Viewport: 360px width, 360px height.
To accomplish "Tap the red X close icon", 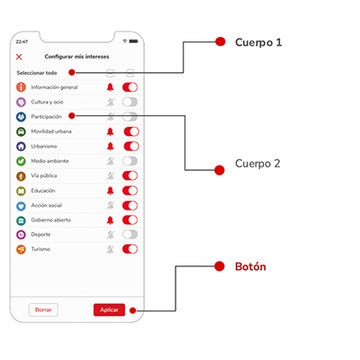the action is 19,57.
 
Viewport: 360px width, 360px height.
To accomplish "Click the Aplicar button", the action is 109,310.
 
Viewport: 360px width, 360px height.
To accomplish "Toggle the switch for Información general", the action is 130,87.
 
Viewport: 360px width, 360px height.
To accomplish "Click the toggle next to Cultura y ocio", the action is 130,102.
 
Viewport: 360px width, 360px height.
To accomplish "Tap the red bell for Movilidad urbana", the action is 111,131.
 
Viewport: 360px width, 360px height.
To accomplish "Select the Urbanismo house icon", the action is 21,146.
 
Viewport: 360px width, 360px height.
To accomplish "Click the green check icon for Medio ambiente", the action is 21,161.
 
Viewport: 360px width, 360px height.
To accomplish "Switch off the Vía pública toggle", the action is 130,175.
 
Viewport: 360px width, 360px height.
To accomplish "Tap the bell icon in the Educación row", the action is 111,191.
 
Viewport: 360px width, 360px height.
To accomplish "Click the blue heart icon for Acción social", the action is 21,206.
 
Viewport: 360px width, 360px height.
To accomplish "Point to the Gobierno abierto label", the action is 51,220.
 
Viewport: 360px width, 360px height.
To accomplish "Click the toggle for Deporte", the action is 130,234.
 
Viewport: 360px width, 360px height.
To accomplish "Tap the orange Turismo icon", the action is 21,249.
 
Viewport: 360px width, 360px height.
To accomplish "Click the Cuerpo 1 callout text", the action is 258,42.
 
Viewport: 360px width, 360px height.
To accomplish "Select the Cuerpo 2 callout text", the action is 257,164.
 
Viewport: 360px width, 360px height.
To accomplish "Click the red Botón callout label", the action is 250,266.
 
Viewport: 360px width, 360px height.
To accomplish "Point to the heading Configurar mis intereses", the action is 76,57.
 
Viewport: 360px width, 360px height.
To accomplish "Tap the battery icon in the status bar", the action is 134,41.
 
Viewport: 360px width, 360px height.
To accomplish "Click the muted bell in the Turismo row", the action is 111,249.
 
